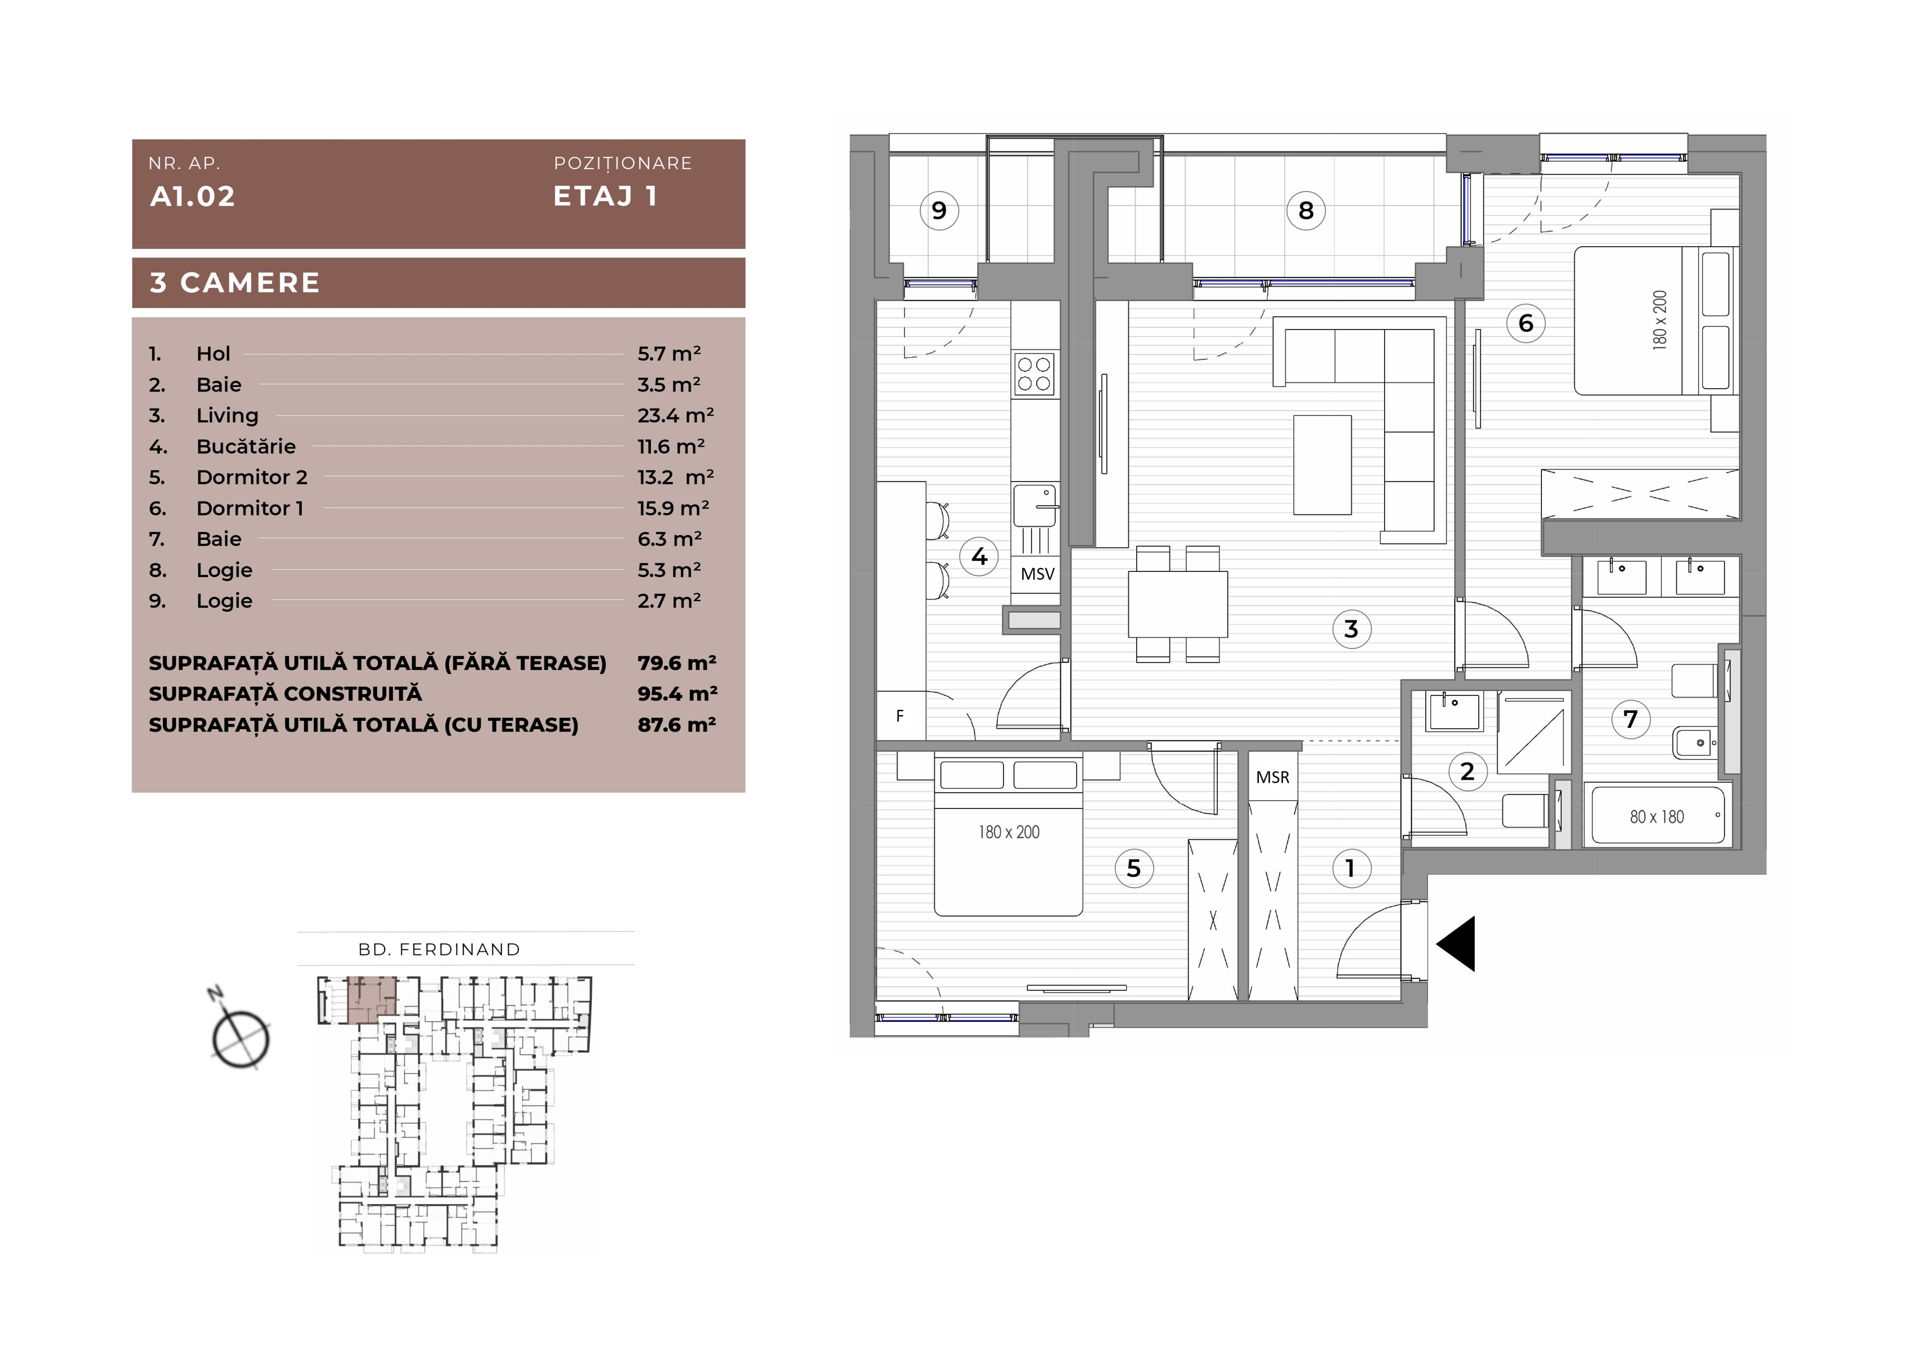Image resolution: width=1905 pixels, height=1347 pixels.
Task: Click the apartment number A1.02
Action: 192,197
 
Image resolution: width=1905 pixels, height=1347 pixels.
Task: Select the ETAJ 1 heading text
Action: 606,196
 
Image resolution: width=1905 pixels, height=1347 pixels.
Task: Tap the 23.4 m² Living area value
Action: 675,415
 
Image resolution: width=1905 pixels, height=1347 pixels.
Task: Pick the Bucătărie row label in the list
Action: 246,447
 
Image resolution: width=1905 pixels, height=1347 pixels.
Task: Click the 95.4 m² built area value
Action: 677,694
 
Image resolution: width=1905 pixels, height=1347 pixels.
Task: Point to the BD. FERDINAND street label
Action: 439,949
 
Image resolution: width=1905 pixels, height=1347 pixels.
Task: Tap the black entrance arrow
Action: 1456,943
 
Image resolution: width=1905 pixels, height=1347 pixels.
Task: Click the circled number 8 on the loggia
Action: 1306,211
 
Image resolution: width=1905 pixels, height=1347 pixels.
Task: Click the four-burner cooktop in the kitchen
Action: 1035,373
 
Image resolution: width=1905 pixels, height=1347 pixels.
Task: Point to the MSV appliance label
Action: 1037,573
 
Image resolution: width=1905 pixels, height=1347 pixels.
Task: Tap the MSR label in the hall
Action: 1273,778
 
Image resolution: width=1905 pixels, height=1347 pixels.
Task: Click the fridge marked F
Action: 901,715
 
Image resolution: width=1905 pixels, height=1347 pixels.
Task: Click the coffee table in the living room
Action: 1323,465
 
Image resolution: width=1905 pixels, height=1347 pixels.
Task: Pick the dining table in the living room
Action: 1178,604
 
